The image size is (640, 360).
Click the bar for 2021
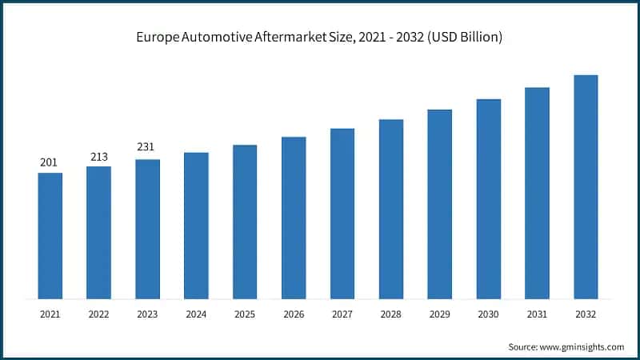point(50,236)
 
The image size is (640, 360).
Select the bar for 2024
point(196,226)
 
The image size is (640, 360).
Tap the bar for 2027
point(342,214)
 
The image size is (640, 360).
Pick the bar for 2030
point(488,199)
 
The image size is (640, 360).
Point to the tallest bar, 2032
point(586,187)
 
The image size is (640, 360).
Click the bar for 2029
point(439,204)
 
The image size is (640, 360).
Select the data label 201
point(50,163)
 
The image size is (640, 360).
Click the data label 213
point(98,157)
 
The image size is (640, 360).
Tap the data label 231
point(147,147)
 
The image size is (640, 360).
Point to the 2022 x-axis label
point(98,315)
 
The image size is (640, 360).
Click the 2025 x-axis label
point(245,315)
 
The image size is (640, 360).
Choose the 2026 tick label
point(294,315)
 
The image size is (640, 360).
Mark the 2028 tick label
point(391,315)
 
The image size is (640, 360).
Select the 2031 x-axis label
point(537,315)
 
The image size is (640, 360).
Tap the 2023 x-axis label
point(147,315)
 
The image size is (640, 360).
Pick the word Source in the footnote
point(522,346)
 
